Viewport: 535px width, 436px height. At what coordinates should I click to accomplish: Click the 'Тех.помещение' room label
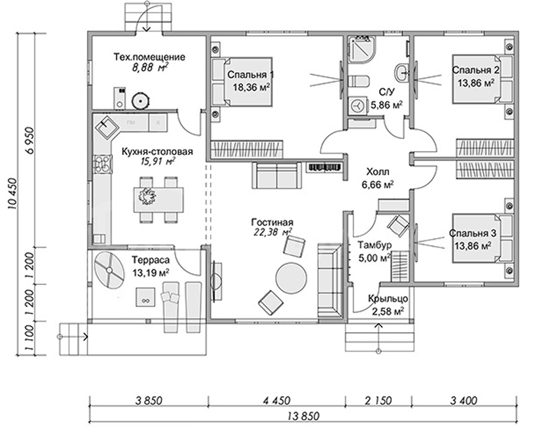(x=149, y=57)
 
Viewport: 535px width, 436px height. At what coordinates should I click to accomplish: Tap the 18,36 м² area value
(x=251, y=87)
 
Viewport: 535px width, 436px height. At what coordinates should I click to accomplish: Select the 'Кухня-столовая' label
(x=157, y=151)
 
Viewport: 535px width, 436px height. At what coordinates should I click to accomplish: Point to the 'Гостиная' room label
(x=272, y=222)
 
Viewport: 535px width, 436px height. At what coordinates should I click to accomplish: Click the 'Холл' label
(x=378, y=171)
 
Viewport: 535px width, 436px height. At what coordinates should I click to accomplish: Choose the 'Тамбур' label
(x=374, y=245)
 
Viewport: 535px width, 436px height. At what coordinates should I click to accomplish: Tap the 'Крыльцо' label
(x=388, y=299)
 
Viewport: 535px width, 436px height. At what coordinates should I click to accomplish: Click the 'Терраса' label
(x=151, y=260)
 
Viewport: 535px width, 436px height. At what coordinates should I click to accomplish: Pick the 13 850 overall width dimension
(x=303, y=417)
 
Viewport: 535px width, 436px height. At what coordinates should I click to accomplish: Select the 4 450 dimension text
(x=276, y=400)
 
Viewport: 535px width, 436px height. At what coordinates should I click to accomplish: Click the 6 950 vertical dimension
(x=29, y=140)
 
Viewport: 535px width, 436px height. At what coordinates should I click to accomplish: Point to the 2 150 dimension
(x=378, y=400)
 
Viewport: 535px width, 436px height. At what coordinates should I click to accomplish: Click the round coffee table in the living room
(x=291, y=277)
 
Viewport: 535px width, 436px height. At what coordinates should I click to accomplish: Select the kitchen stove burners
(x=102, y=163)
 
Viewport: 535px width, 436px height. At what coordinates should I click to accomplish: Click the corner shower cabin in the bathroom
(x=362, y=50)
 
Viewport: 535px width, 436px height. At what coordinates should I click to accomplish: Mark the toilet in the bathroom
(x=358, y=82)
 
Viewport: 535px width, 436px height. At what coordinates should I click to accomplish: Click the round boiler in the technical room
(x=141, y=101)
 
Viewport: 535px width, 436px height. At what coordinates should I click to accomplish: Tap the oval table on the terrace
(x=109, y=270)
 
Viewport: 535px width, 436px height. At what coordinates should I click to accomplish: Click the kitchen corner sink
(x=106, y=126)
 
